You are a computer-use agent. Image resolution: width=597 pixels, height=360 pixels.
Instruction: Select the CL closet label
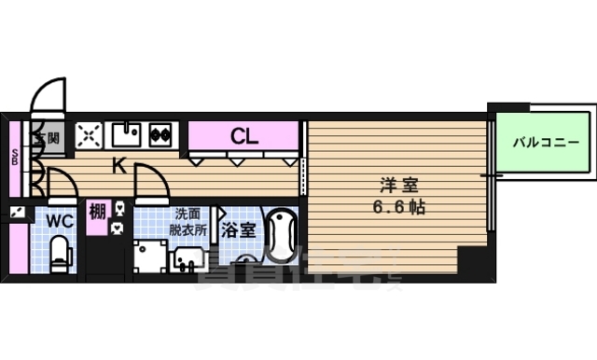click(x=244, y=136)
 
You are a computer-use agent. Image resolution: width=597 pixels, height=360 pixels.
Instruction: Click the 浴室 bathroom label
click(x=238, y=228)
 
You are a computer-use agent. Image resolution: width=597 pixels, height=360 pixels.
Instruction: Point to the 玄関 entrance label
click(x=49, y=137)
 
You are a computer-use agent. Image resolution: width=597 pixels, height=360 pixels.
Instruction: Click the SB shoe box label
click(x=15, y=155)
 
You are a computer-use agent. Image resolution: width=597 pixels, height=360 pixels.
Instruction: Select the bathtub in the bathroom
click(x=281, y=239)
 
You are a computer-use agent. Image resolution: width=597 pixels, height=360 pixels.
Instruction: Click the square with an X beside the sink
click(x=89, y=135)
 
